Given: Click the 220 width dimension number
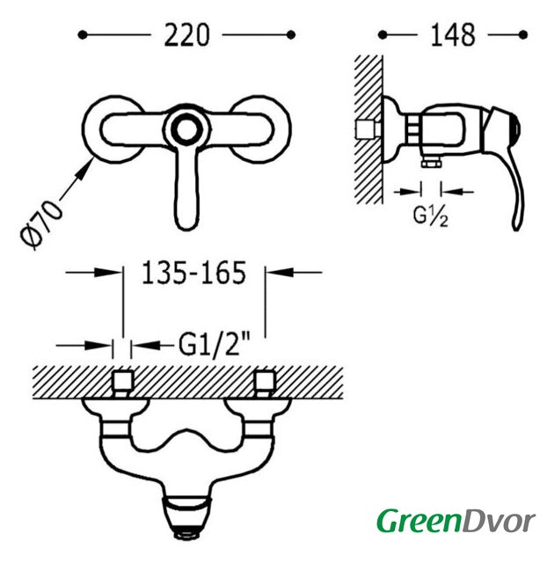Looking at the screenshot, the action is (186, 35).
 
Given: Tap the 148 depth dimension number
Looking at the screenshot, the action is (453, 35).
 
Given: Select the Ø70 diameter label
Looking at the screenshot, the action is (41, 225).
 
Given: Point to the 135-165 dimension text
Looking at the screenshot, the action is (194, 273).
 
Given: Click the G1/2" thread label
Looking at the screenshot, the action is (215, 345).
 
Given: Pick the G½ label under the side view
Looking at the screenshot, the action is (431, 216).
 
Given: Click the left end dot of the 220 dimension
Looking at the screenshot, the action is (83, 35).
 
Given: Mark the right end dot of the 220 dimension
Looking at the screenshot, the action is (291, 35).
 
